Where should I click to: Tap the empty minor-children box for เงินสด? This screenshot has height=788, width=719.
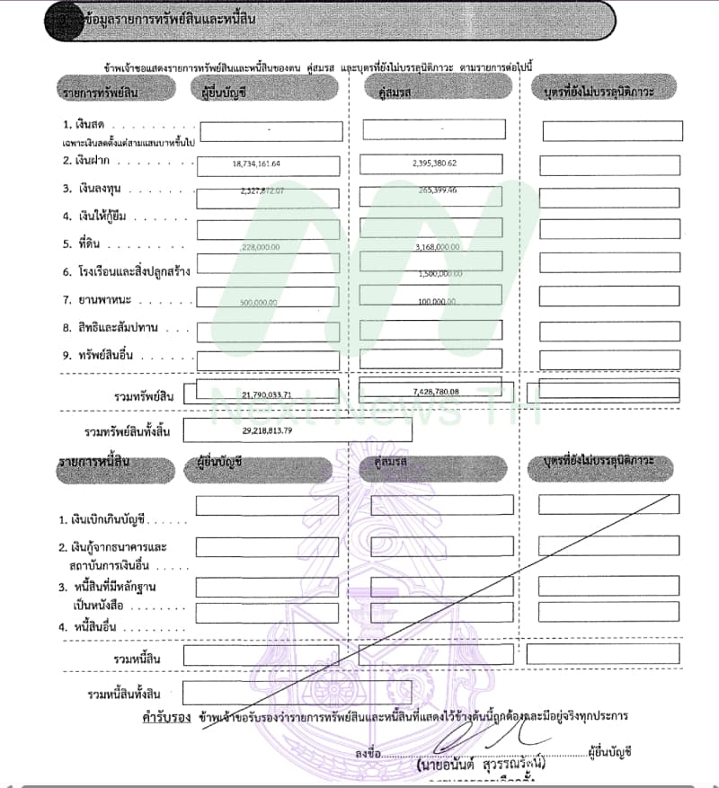611,131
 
